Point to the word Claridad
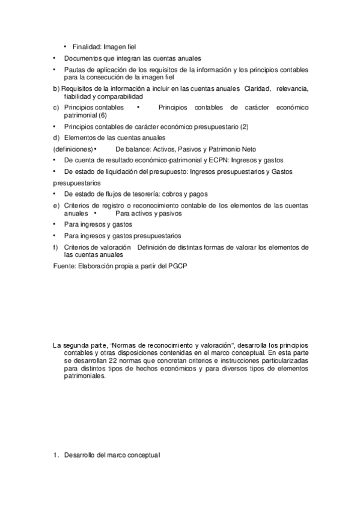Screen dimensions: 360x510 tap(257, 89)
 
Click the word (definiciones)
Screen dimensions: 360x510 tap(72, 149)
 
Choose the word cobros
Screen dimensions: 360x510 tap(171, 195)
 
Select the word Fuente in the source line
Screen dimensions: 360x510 tap(64, 266)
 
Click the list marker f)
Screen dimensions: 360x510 tap(56, 247)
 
